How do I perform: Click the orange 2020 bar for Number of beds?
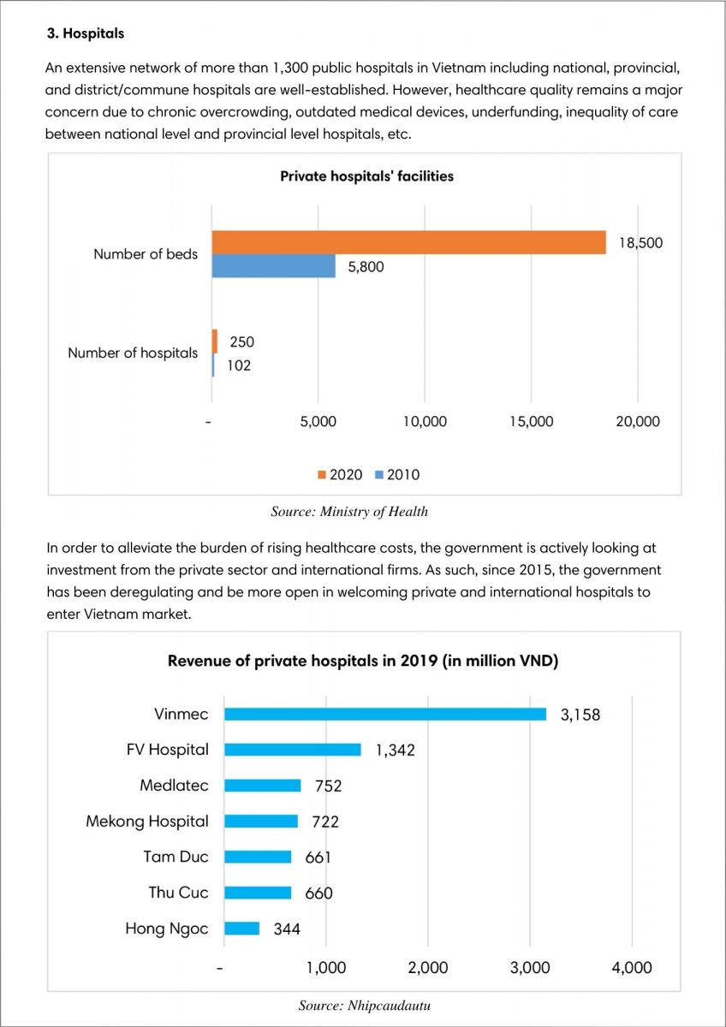click(x=408, y=242)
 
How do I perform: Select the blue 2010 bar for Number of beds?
click(x=273, y=266)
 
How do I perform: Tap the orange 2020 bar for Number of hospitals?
click(x=215, y=341)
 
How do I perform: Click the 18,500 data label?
click(x=640, y=242)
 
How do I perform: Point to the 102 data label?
click(x=239, y=365)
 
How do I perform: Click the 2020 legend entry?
click(x=340, y=474)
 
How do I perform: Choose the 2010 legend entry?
click(x=397, y=474)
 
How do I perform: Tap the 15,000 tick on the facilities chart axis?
click(x=532, y=421)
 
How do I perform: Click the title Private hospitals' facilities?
click(x=367, y=176)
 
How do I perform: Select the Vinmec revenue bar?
click(x=385, y=715)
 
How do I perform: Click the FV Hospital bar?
click(x=293, y=750)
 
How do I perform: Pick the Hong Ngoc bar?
click(x=241, y=929)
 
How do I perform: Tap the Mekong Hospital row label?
click(x=147, y=821)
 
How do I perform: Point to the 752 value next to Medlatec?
click(x=329, y=786)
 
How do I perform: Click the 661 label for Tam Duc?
click(x=318, y=858)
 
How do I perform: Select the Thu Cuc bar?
click(x=258, y=893)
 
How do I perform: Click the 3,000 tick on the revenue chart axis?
click(x=530, y=967)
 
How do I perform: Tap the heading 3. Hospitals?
click(x=86, y=33)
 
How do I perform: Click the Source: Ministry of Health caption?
click(x=349, y=511)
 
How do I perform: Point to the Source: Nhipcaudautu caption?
click(x=365, y=1006)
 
